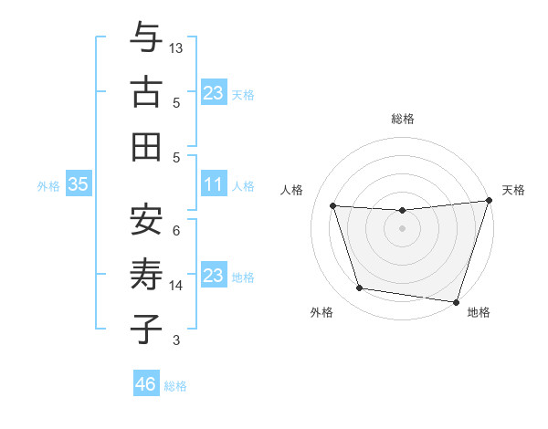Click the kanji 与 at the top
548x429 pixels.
(146, 37)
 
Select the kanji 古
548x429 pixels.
(146, 92)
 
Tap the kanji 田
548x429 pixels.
(146, 147)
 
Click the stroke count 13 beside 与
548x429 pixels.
(176, 47)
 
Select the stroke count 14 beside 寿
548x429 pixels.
(176, 286)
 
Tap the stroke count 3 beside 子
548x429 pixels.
(176, 340)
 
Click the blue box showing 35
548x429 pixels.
(78, 184)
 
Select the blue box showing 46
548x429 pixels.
(145, 384)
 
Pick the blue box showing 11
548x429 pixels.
(213, 184)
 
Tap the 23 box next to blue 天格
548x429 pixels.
(213, 93)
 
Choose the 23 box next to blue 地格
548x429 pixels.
(213, 276)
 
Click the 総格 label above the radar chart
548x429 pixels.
(403, 119)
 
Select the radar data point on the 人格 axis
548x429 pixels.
(333, 206)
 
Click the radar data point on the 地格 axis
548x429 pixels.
(456, 301)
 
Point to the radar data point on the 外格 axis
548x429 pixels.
(360, 288)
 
